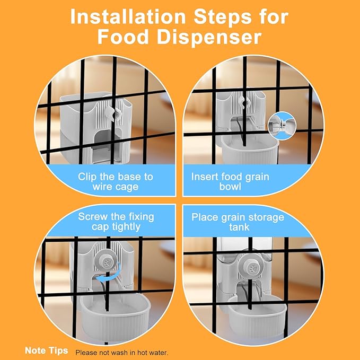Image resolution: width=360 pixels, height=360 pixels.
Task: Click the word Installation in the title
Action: [128, 16]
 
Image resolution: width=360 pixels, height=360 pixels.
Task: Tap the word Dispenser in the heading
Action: [209, 37]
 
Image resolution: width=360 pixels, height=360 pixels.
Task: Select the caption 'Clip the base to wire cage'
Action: [115, 182]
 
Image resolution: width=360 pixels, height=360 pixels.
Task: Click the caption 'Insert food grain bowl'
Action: [230, 182]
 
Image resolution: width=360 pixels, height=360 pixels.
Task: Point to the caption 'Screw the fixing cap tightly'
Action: [116, 222]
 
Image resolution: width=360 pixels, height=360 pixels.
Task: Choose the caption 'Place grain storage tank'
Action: [238, 222]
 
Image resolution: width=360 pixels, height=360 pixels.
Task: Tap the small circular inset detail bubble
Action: [282, 126]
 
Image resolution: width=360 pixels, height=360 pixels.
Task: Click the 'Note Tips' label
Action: [46, 350]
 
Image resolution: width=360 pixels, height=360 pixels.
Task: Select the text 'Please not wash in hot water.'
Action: [122, 353]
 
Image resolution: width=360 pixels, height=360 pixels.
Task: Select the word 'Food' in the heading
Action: [123, 37]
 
